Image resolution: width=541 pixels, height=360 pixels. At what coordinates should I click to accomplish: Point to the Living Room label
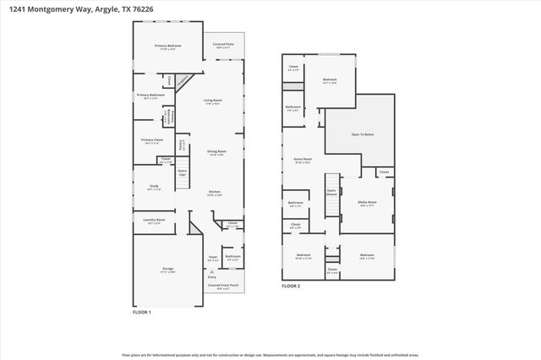[211, 102]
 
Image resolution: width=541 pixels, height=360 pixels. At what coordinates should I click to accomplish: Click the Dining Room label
[216, 152]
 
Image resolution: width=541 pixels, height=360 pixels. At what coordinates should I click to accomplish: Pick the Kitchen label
[216, 193]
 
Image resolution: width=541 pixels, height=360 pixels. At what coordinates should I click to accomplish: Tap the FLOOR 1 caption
[141, 313]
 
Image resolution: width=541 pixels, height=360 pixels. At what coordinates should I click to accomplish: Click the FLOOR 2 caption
[291, 286]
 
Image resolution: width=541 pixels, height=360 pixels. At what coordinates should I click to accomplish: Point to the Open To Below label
[361, 134]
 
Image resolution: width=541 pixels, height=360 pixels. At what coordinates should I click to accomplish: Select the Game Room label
[303, 160]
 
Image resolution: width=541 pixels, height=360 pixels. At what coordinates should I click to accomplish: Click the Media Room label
[367, 204]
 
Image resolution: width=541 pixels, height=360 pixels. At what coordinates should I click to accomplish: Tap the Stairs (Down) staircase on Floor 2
[331, 194]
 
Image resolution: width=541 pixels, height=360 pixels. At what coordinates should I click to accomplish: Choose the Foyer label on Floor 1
[213, 257]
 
